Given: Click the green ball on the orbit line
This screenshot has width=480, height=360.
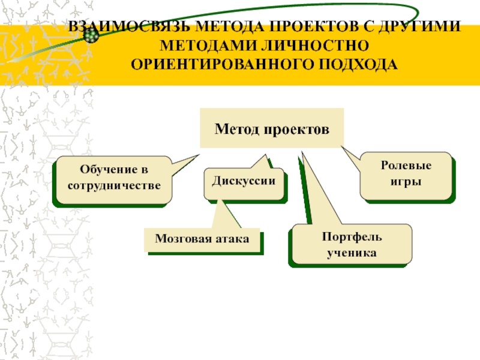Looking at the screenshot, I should (x=91, y=37).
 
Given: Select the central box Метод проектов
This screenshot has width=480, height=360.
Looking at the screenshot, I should (x=272, y=128).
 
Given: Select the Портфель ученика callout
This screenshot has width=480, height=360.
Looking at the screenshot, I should (x=352, y=244).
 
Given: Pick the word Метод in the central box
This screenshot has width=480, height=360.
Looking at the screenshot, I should (x=236, y=128).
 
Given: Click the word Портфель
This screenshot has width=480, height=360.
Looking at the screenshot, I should (x=352, y=237).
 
